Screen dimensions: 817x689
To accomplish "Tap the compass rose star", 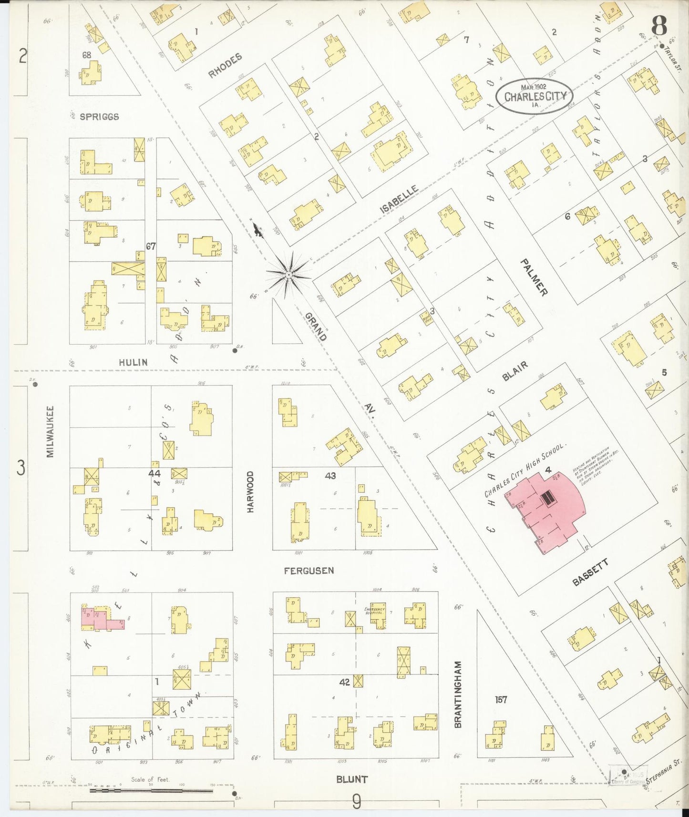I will coord(288,276).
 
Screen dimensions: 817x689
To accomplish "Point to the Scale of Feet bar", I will coord(152,791).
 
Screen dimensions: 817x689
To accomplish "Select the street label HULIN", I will coord(133,362).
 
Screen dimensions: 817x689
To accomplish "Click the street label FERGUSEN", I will coord(309,571).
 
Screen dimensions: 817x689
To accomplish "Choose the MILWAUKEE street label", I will coord(51,431).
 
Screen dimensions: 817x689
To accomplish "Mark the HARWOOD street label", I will coord(251,491).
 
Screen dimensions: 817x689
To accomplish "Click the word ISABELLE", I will coord(399,199).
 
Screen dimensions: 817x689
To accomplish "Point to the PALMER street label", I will coord(534,277).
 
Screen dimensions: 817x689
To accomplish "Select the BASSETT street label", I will coord(590,573).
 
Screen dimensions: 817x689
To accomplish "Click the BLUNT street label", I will coord(352,779).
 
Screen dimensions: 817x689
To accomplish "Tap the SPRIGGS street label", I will coord(99,117).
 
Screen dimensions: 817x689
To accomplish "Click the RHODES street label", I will coord(225,66).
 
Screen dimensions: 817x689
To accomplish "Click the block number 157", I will coord(501,700).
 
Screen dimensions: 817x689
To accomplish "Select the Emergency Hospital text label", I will coord(374,611).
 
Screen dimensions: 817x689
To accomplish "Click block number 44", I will coord(154,473).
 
